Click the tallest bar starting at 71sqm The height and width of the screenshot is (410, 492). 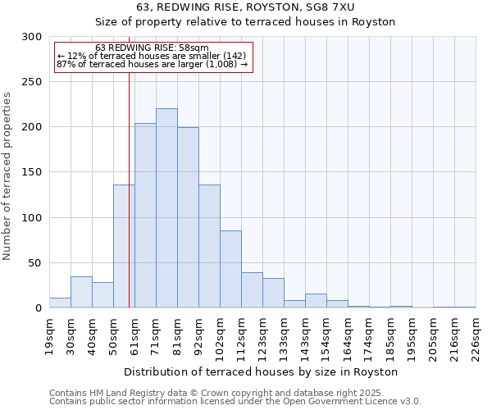[166, 208]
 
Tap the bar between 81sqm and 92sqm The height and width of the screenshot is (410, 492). [188, 217]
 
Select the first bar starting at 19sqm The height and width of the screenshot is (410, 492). [60, 303]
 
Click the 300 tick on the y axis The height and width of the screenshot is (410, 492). [32, 37]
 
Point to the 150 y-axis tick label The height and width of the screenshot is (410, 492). [32, 172]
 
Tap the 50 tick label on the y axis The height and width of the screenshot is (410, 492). [35, 263]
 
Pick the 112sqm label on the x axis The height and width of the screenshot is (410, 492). [242, 336]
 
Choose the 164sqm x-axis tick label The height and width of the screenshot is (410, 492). [348, 336]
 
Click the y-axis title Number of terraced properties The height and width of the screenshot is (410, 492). [7, 176]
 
